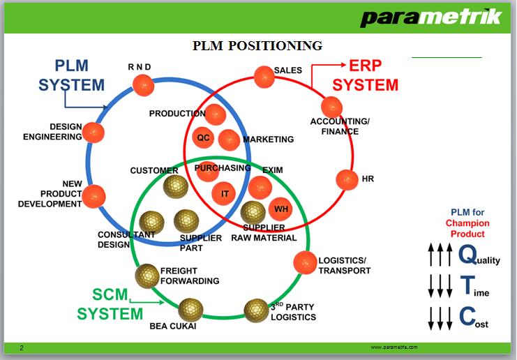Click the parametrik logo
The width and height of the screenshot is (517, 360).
click(430, 17)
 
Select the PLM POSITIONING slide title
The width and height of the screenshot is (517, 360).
click(257, 46)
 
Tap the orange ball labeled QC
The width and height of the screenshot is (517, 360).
click(203, 137)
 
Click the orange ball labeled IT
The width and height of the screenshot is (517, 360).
click(225, 194)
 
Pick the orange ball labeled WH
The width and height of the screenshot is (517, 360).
click(280, 209)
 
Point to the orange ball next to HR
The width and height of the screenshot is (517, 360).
click(347, 180)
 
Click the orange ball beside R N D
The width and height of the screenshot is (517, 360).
click(143, 86)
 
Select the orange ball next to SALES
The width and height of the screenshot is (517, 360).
click(264, 77)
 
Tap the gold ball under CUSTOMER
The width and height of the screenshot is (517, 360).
click(175, 187)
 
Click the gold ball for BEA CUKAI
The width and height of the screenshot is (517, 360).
click(190, 309)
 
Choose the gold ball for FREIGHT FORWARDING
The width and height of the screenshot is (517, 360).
click(147, 276)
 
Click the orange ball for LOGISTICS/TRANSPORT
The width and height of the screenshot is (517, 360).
click(305, 262)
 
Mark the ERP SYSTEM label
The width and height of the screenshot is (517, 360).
click(365, 76)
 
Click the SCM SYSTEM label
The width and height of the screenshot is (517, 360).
click(110, 305)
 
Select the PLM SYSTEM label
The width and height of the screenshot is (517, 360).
click(71, 76)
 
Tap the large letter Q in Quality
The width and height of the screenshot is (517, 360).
click(468, 255)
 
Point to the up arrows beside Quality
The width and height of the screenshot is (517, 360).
click(440, 255)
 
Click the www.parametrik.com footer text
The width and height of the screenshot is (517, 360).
click(394, 347)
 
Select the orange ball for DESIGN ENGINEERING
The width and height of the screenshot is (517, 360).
click(93, 133)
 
